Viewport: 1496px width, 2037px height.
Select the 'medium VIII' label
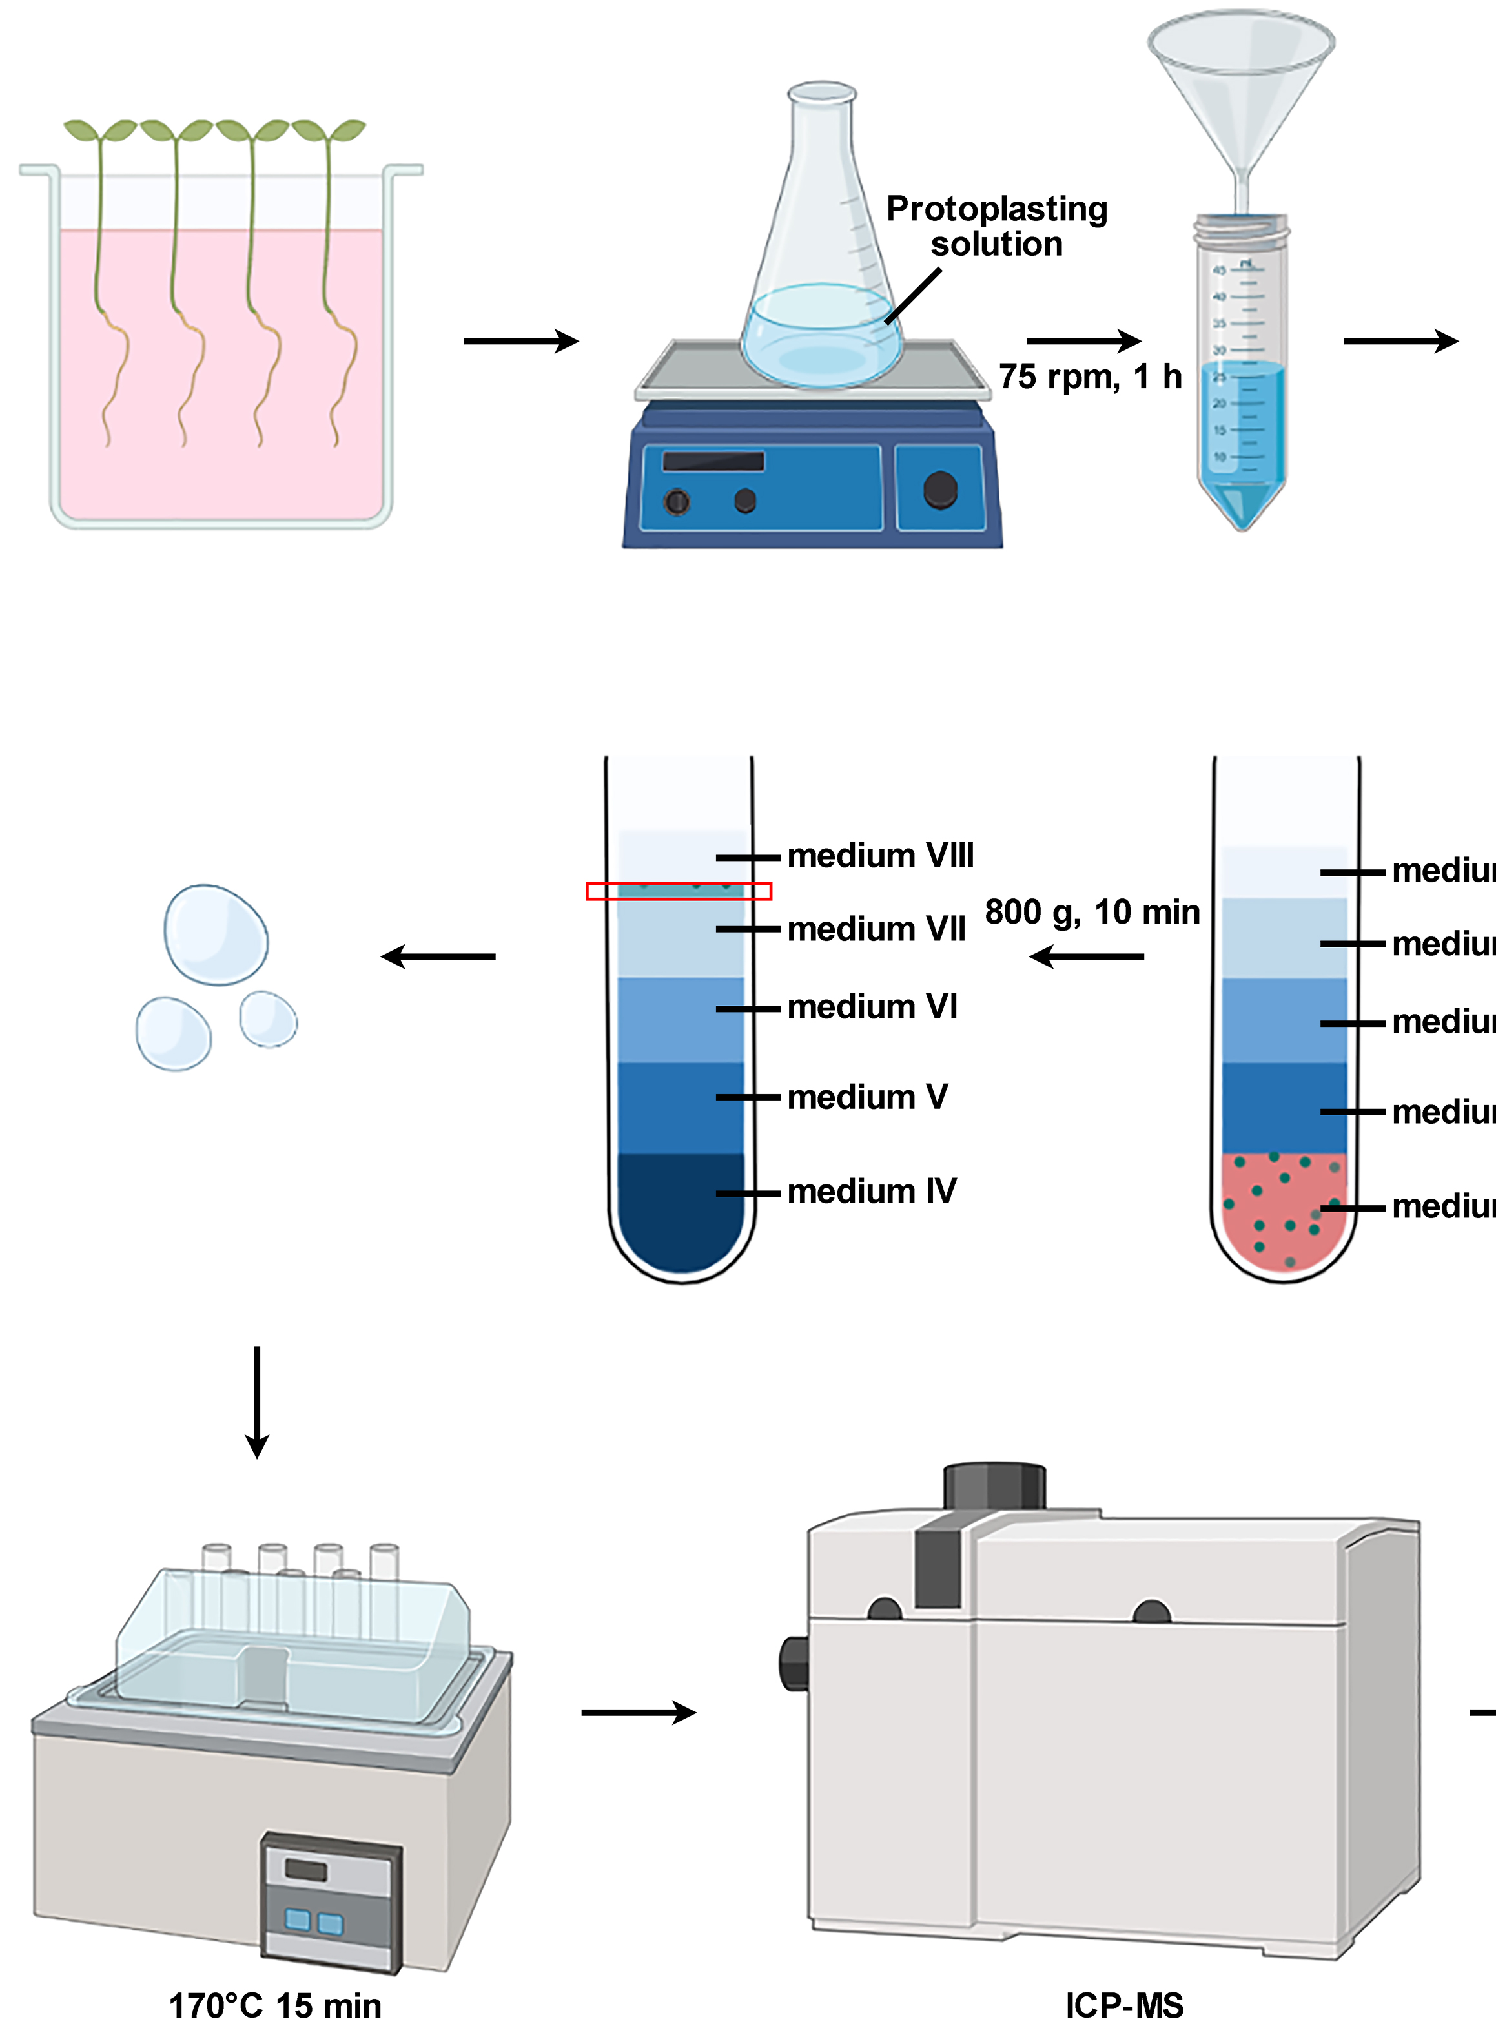pos(880,856)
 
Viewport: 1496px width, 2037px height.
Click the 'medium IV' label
pos(871,1191)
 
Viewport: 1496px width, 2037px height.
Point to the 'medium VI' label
pos(872,1007)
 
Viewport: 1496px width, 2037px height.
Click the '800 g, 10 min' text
pos(1092,912)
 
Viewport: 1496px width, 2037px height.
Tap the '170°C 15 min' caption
pos(275,2005)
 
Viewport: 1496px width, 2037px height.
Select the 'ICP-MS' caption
pos(1124,2005)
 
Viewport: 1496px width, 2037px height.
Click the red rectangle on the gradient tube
pos(679,891)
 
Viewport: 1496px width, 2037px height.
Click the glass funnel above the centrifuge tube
pos(1242,81)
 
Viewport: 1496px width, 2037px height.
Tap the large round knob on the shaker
pos(940,490)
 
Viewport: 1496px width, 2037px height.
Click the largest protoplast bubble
pos(216,935)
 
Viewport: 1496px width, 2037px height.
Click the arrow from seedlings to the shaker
pos(520,342)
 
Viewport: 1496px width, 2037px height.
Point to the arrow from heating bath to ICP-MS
pos(639,1712)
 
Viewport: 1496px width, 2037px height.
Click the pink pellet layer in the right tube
pos(1283,1214)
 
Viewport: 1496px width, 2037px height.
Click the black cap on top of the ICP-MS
pos(994,1485)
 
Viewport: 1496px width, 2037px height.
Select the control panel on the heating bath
pos(331,1902)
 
